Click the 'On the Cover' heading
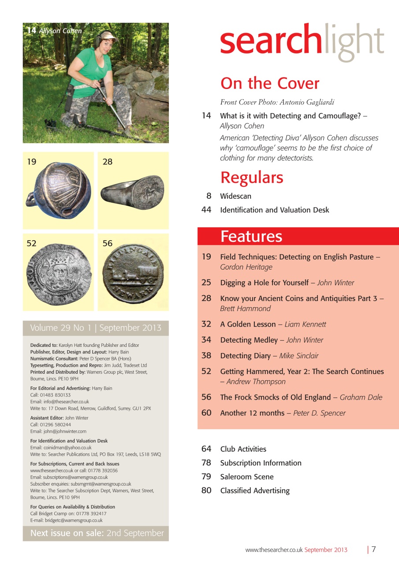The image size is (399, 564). click(270, 83)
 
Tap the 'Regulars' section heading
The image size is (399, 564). click(252, 178)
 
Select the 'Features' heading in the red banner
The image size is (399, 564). click(251, 237)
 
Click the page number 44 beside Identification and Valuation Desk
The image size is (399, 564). click(206, 210)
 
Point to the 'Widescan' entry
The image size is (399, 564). click(235, 196)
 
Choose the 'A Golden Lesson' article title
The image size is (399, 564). click(248, 324)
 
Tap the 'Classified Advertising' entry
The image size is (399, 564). click(255, 490)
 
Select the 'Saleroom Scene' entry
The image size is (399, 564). click(247, 477)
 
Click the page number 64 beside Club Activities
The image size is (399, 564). click(206, 449)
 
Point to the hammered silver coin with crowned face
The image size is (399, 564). click(58, 274)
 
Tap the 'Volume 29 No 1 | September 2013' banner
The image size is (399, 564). click(96, 328)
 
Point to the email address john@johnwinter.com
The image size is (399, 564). click(64, 431)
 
